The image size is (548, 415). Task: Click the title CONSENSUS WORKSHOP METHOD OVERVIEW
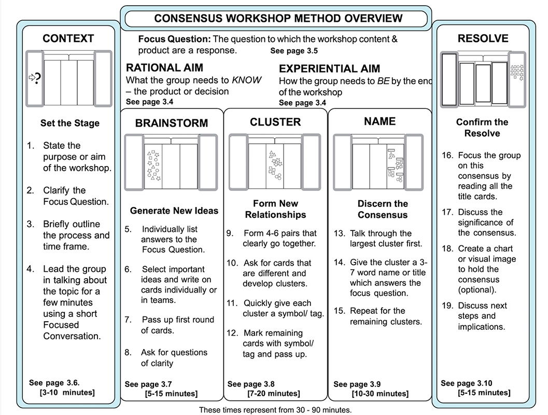coord(278,19)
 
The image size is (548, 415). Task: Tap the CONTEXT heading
coord(68,39)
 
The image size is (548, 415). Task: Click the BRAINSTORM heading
coord(171,123)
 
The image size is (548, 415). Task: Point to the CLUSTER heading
coord(275,122)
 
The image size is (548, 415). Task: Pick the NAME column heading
coord(380,121)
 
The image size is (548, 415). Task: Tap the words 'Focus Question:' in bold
coord(174,39)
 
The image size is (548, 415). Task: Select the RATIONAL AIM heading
coord(164,68)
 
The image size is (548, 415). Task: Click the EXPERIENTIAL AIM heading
coord(329,68)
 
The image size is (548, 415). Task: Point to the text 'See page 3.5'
coord(293,51)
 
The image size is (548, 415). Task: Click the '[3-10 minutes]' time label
coord(67,393)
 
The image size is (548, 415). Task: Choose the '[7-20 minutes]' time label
coord(272,394)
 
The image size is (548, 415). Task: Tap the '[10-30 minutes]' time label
coord(380,394)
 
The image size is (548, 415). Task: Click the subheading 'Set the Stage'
coord(69,123)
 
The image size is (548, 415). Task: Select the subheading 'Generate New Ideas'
coord(174,211)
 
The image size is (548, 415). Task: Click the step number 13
coord(339,233)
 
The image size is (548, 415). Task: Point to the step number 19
coord(447,306)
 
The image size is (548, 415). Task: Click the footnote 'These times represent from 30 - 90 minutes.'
coord(275,410)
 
